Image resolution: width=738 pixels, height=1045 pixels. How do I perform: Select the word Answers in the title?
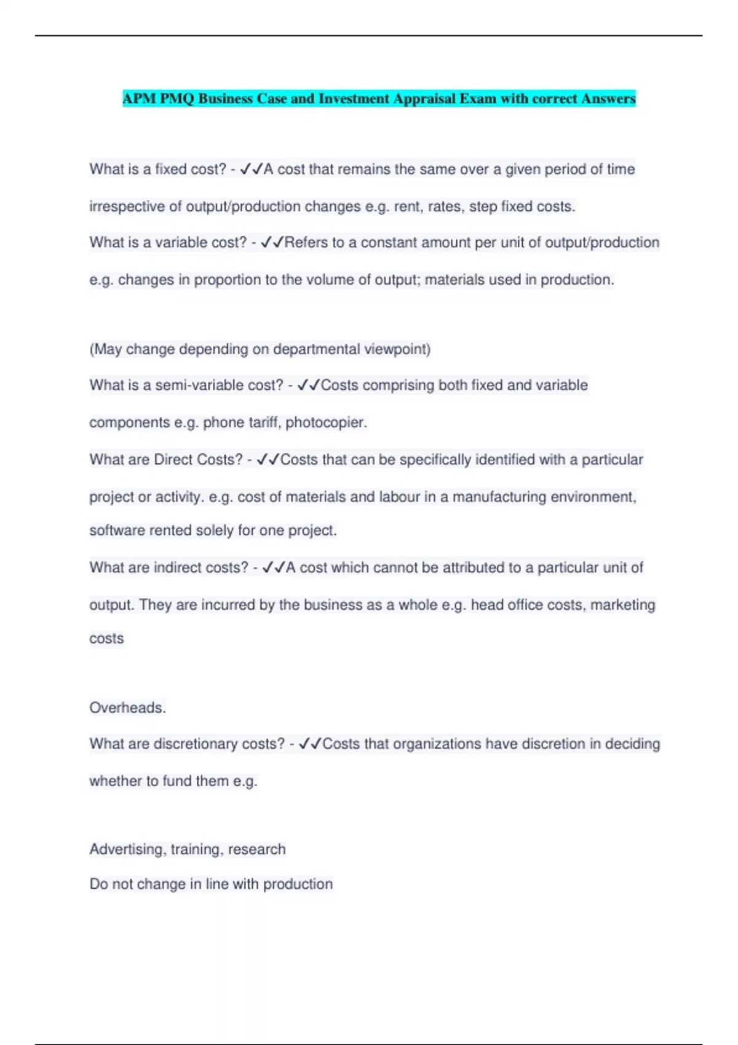(x=608, y=99)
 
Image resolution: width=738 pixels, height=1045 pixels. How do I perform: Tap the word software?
(x=116, y=530)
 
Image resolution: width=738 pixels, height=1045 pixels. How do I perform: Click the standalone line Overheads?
(x=127, y=708)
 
